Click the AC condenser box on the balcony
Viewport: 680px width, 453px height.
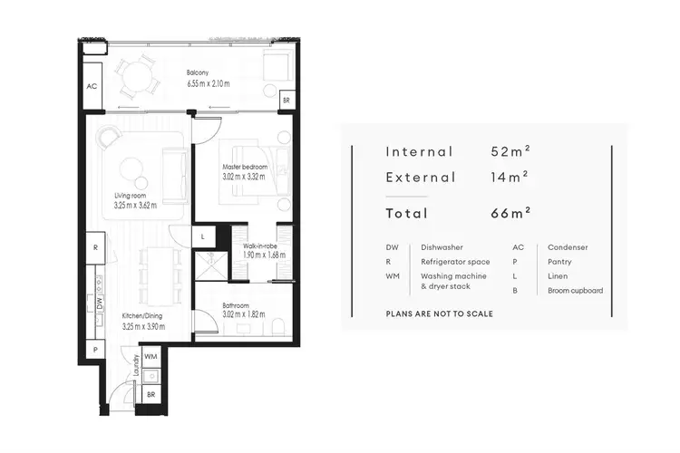(x=92, y=87)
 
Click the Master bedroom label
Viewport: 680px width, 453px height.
(x=243, y=168)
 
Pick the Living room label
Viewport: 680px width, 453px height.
(x=131, y=196)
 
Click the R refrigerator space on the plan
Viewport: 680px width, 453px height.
(x=94, y=246)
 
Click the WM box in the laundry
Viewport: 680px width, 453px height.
(x=151, y=359)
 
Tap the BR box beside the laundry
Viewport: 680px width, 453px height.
(x=151, y=395)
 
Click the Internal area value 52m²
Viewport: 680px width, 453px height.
(x=507, y=151)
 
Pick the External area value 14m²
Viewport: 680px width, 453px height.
(x=506, y=178)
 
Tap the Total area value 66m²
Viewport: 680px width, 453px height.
(x=507, y=214)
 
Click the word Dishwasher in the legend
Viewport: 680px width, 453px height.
(x=442, y=246)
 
